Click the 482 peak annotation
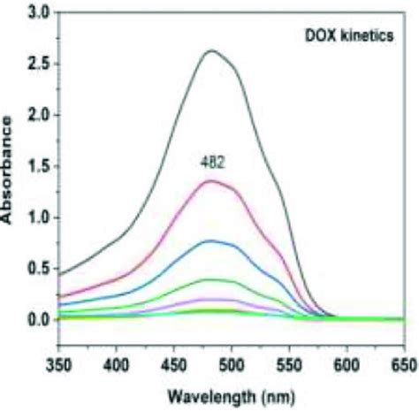[x=211, y=164]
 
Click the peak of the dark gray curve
[x=212, y=50]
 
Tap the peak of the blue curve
[x=211, y=240]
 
